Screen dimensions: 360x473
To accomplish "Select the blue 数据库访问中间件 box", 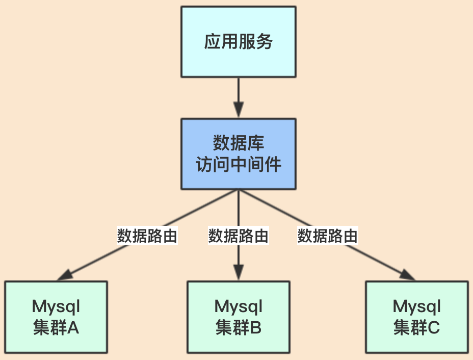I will coord(239,153).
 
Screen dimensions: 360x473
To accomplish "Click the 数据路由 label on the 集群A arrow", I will coord(147,236).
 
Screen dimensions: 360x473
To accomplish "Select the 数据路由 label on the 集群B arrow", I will coord(238,236).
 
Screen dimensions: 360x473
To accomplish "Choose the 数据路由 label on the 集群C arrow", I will coord(328,236).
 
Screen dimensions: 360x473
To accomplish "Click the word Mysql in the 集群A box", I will coord(56,307).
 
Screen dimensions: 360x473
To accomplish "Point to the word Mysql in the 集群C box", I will coord(417,307).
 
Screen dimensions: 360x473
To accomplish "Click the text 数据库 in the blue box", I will coord(239,143).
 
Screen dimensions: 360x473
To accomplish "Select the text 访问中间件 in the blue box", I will coord(239,165).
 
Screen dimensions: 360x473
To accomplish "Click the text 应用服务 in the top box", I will coord(239,42).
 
